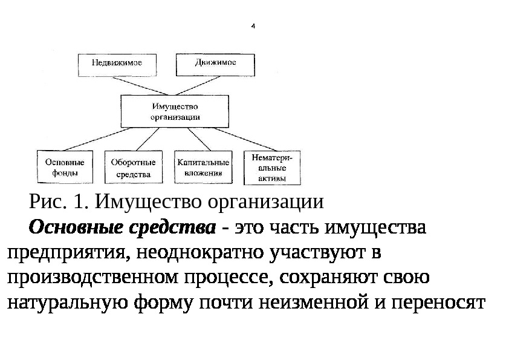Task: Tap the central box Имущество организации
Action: click(174, 111)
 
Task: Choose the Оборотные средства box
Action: click(133, 167)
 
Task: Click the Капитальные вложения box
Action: click(203, 167)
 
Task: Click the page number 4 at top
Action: click(253, 27)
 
